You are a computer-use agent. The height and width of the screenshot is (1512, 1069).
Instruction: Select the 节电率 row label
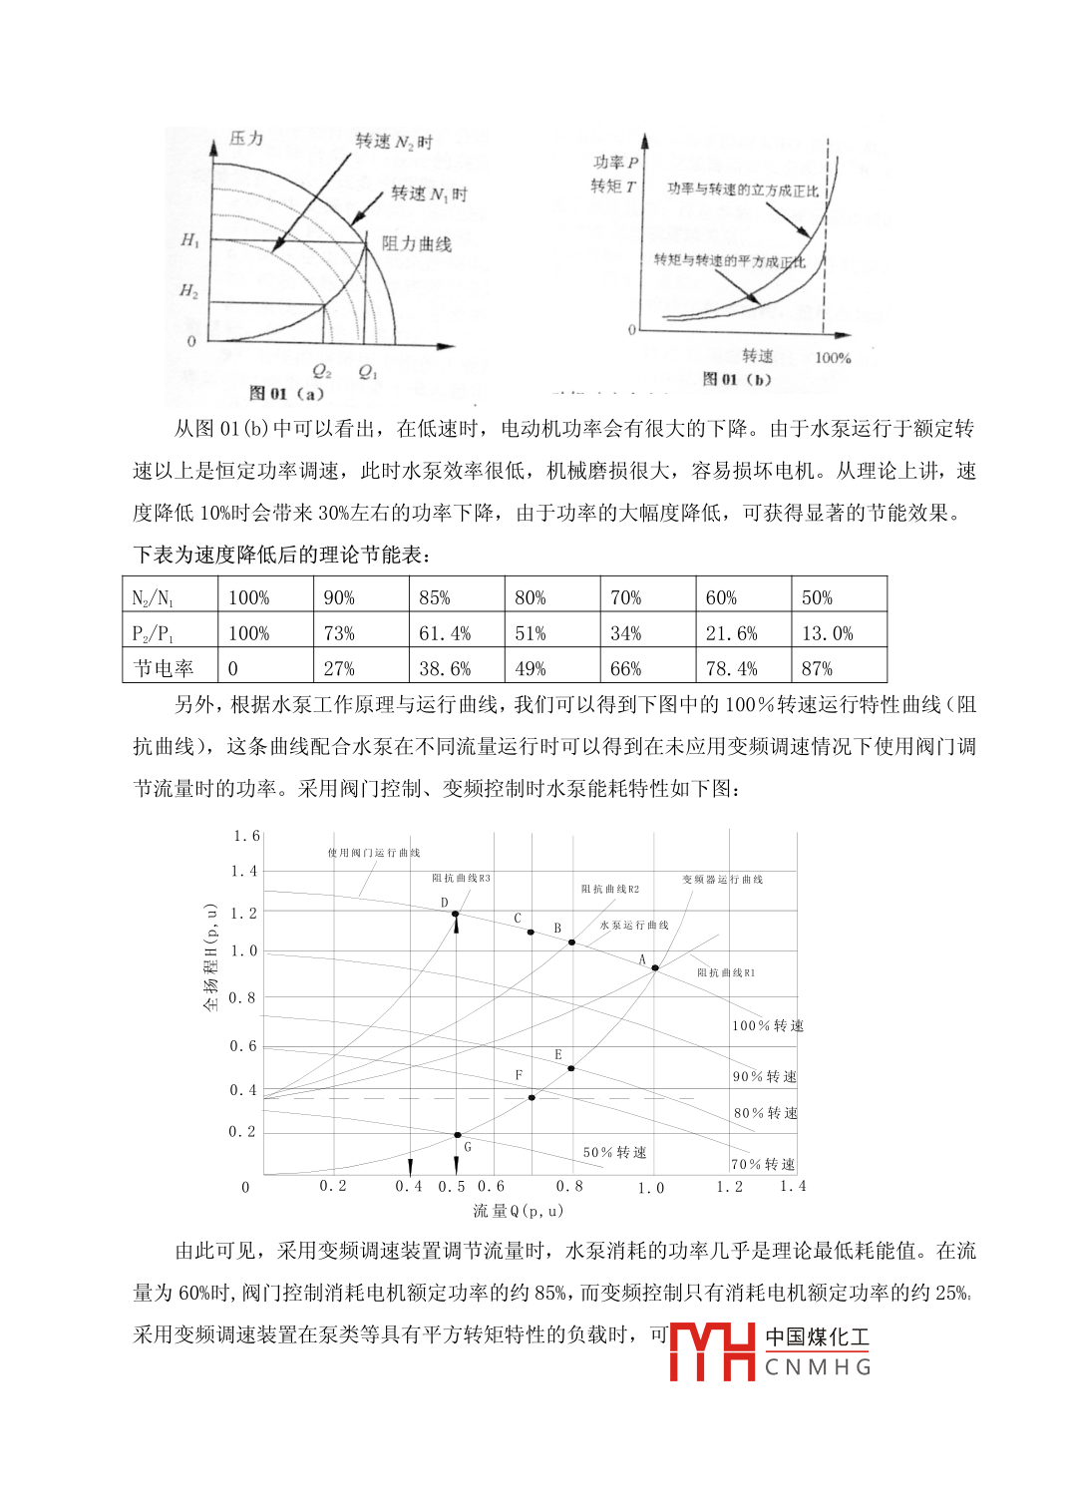pos(163,668)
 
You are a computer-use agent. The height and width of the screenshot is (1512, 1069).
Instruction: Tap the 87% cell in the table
pos(817,668)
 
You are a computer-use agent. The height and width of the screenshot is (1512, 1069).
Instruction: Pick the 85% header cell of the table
pos(435,597)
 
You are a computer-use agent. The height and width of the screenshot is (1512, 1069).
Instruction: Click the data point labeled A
pos(655,968)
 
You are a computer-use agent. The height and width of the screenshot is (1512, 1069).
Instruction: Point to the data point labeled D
pos(456,914)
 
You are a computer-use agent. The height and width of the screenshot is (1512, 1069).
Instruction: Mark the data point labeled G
pos(458,1135)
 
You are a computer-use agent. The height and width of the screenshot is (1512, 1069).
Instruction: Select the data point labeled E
pos(571,1068)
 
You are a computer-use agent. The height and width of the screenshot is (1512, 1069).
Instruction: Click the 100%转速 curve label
pos(768,1025)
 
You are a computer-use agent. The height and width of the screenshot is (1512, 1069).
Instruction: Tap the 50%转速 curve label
pos(615,1152)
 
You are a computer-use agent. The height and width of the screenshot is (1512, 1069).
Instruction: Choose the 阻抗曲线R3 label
pos(461,879)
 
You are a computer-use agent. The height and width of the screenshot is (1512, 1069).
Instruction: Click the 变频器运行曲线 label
pos(723,880)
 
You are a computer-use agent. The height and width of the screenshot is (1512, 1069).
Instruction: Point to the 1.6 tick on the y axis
pos(246,836)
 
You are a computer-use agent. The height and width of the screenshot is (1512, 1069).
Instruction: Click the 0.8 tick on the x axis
pos(569,1186)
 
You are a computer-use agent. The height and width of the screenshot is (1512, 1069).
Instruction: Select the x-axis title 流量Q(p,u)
pos(518,1211)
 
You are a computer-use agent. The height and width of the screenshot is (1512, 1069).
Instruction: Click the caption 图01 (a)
pos(286,393)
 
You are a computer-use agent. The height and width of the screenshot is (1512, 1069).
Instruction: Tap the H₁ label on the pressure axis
pos(189,240)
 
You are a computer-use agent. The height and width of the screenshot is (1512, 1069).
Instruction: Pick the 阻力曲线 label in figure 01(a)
pos(417,244)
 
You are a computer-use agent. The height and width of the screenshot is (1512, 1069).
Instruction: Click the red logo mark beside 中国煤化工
pos(712,1351)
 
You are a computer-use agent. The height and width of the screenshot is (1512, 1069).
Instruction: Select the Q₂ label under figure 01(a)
pos(321,372)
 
